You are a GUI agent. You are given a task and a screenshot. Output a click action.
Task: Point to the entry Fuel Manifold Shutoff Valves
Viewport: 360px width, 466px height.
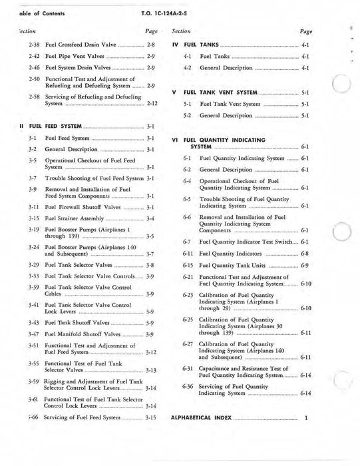point(83,334)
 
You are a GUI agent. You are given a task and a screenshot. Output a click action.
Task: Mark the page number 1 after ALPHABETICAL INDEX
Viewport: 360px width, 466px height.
point(306,437)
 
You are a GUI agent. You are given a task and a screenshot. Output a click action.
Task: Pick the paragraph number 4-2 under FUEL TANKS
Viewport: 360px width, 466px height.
point(188,68)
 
